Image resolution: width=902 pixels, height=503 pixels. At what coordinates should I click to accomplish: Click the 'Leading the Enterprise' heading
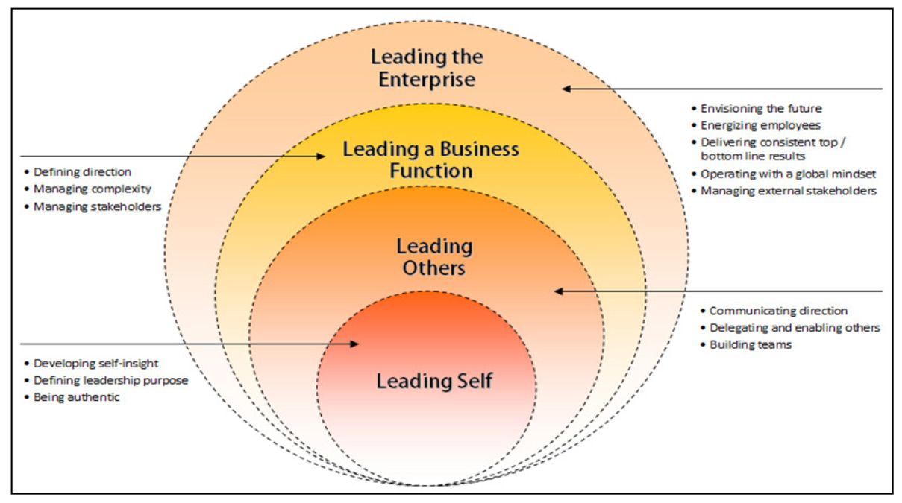coord(427,68)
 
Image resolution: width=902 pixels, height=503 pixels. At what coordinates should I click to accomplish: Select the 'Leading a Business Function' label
coord(430,159)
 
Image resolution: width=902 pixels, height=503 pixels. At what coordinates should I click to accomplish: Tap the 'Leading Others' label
coord(433,256)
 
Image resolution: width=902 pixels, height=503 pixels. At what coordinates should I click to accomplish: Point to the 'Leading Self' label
coord(433,382)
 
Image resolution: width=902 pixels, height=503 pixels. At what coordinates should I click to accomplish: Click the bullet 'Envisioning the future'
coord(761,109)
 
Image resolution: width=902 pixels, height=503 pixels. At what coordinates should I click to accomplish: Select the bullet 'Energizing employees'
coord(760,125)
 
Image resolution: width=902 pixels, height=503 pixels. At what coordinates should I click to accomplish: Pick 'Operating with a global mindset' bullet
coord(788,174)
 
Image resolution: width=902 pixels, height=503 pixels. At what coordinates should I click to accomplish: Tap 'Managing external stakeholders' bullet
coord(788,191)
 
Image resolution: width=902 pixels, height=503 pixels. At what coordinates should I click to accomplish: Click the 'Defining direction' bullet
coord(82,172)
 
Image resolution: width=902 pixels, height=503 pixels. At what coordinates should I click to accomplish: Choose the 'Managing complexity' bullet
coord(92,189)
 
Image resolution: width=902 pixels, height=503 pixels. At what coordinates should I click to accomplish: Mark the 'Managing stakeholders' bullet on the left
coord(97,206)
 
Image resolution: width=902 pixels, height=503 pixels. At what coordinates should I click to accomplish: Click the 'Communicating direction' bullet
coord(778,311)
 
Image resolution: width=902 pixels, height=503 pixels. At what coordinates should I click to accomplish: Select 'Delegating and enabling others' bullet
coord(795,328)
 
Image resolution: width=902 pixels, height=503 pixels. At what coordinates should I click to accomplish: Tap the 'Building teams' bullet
coord(750,345)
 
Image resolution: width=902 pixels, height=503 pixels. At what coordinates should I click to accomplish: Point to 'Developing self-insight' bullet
coord(95,363)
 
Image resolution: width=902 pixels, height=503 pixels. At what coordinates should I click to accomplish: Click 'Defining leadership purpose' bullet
coord(110,380)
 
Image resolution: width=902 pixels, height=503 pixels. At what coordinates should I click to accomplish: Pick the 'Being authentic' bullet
coord(76,397)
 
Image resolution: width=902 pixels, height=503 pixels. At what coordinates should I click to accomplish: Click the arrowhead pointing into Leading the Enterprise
coord(566,89)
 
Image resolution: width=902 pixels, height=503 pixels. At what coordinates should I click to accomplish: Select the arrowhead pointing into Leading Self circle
coord(355,344)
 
